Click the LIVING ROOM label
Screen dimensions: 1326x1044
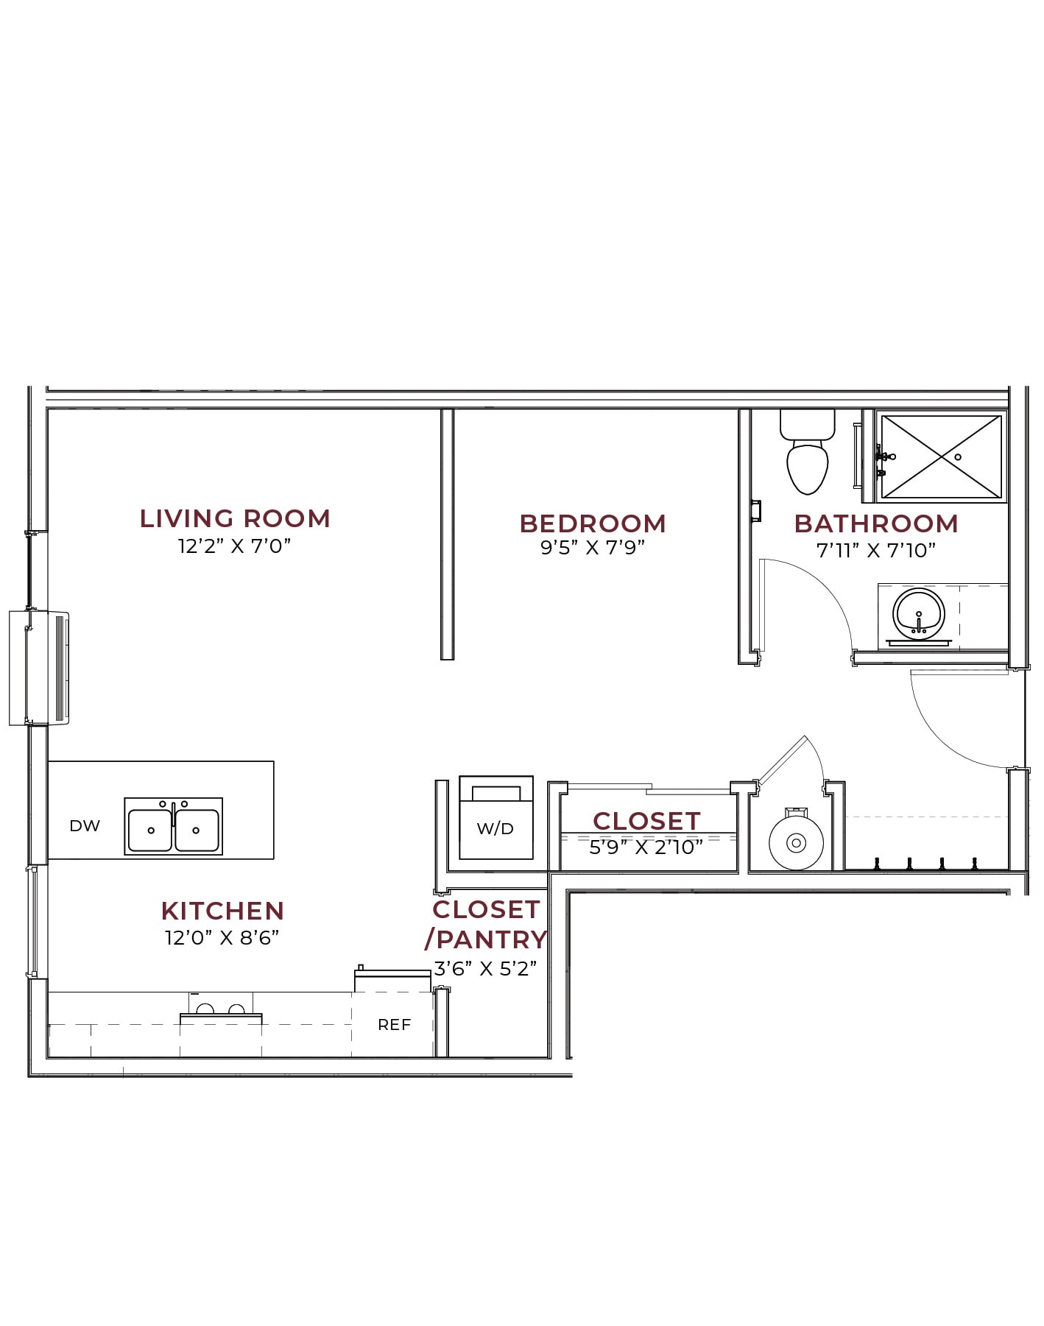coord(235,518)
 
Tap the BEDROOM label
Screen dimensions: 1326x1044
coord(593,523)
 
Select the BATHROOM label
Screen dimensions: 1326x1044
coord(876,523)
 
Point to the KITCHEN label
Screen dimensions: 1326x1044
coord(222,911)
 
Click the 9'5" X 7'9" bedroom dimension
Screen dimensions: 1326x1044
coord(593,548)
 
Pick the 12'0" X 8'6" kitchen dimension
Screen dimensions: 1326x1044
coord(222,938)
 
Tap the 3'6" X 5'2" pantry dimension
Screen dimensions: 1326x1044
coord(485,969)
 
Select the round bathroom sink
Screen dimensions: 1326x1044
coord(918,613)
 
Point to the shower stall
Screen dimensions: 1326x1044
coord(942,457)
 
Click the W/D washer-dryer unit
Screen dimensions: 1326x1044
coord(495,817)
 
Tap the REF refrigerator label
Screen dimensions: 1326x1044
coord(394,1025)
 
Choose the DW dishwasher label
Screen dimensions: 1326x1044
coord(85,826)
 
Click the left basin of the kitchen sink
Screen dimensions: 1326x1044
coord(150,830)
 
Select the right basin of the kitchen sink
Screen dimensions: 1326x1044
coord(197,830)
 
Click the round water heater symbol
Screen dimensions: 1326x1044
coord(796,842)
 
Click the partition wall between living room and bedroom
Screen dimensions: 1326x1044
coord(447,534)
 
